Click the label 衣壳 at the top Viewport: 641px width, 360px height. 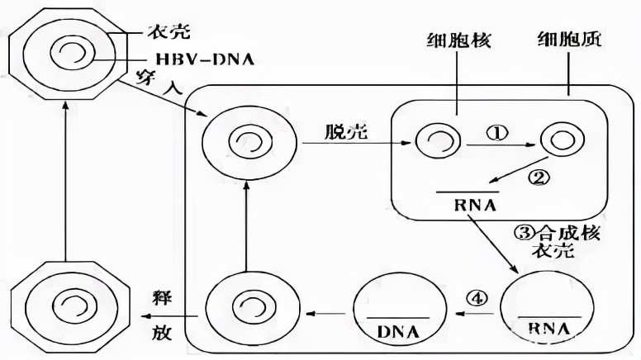169,31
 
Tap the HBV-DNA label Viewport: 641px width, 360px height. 205,59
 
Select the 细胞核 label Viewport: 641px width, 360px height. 458,40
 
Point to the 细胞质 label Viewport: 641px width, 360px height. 569,39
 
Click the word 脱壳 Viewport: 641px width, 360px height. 347,131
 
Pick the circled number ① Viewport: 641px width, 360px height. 496,133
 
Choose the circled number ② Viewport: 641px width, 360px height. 538,178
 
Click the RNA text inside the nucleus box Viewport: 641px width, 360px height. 475,205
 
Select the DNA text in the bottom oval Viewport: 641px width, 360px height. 398,332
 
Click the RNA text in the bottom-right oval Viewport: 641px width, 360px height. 548,329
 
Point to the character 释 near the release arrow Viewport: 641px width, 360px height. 160,298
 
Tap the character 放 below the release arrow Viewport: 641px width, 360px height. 161,332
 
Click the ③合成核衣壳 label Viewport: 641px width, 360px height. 557,241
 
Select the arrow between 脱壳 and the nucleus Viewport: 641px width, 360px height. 356,143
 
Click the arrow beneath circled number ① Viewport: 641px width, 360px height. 501,144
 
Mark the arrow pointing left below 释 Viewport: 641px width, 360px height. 169,316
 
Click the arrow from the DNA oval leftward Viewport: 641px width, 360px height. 325,314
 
